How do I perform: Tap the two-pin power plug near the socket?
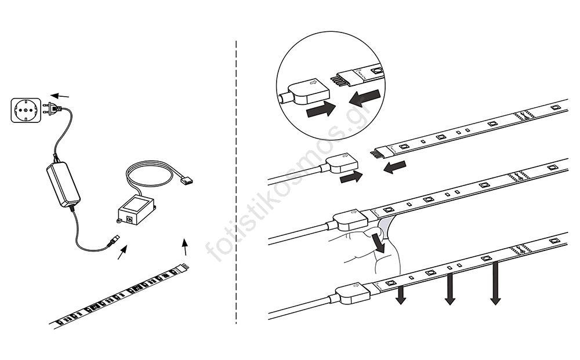(52, 108)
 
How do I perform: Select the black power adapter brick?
(63, 184)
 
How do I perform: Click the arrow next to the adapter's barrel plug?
(122, 252)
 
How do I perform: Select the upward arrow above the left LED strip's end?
(185, 246)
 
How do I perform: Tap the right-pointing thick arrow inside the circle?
(321, 109)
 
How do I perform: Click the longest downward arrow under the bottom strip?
(495, 283)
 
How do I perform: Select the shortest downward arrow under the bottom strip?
(400, 295)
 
